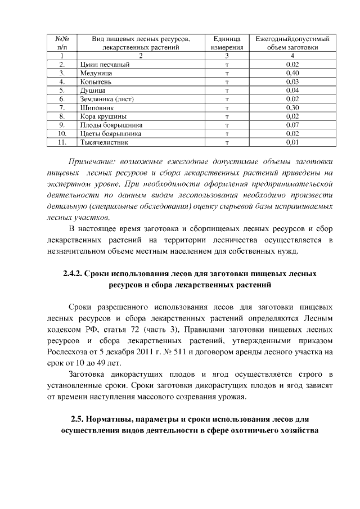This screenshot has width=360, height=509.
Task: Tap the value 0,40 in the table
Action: (292, 73)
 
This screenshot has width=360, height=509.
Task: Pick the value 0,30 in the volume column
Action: (292, 107)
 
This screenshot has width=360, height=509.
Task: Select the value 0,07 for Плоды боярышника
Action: (292, 124)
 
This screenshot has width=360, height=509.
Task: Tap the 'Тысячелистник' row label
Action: (104, 142)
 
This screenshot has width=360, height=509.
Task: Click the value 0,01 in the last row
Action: (292, 142)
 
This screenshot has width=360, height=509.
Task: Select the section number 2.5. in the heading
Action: (80, 420)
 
